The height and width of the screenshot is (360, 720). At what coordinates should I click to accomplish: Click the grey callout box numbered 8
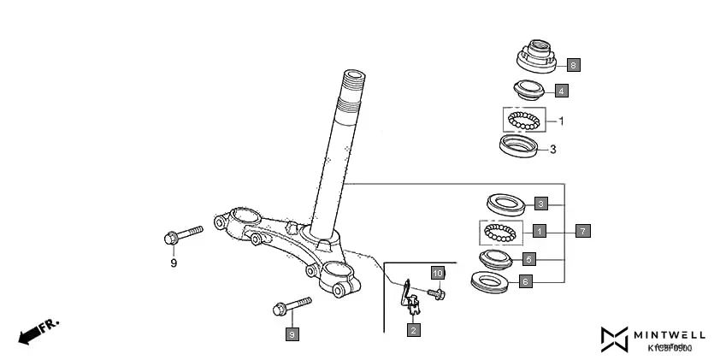point(573,64)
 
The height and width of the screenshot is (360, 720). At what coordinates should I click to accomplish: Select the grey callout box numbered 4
point(560,90)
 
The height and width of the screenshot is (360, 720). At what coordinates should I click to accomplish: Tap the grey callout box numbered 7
point(582,230)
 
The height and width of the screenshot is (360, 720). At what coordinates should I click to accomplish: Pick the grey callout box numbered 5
point(528,258)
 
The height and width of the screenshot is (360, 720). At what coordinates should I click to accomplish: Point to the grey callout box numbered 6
point(526,280)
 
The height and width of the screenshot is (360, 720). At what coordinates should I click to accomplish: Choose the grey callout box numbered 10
point(437,274)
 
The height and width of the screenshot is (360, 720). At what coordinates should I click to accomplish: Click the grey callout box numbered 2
point(413,329)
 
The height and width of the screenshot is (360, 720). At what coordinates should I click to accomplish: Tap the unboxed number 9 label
point(174,263)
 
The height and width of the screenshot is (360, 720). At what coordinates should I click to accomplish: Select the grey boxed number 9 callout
point(292,334)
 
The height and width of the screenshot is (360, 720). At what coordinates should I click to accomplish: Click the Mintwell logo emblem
point(613,339)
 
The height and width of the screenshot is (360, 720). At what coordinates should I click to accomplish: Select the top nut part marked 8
point(537,56)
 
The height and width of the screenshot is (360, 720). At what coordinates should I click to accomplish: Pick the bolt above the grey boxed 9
point(292,306)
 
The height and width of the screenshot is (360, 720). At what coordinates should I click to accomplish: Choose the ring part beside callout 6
point(492,281)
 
